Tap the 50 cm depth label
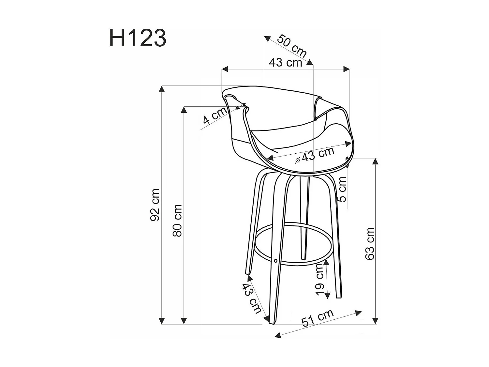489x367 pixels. click(292, 46)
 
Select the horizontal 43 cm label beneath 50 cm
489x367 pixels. click(286, 62)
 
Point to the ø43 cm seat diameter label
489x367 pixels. click(315, 155)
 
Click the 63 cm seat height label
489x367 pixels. click(370, 243)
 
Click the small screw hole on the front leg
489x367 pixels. click(276, 261)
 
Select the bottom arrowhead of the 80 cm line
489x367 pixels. click(184, 321)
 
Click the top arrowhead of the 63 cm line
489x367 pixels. click(376, 161)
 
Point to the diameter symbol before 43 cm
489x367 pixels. click(298, 160)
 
